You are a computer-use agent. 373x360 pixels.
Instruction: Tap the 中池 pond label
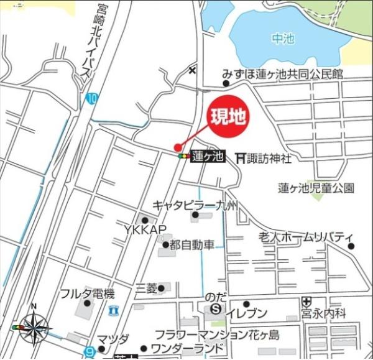283,39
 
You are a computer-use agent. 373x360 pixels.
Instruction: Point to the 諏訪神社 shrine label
268,159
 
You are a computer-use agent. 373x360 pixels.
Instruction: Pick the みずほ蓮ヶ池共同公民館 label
283,74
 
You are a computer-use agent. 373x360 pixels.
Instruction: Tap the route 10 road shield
92,98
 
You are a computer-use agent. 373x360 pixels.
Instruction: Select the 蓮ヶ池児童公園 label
316,187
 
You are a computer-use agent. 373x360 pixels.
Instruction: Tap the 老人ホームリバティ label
306,238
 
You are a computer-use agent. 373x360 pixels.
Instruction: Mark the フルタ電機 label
87,293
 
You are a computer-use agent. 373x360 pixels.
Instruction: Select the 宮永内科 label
323,315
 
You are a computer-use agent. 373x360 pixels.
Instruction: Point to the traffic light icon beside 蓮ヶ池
183,157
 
